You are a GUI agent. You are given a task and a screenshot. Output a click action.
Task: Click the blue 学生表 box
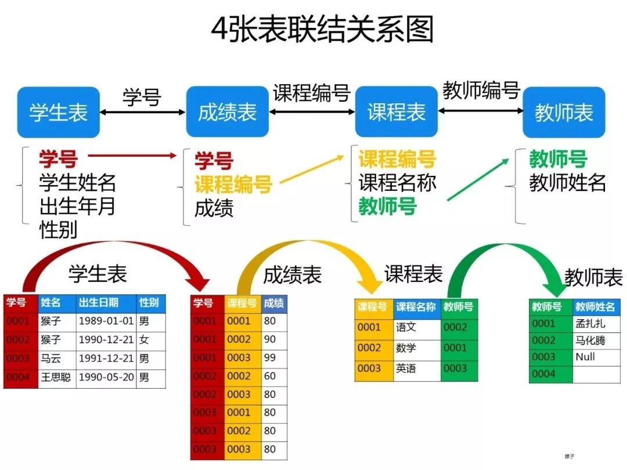tap(59, 112)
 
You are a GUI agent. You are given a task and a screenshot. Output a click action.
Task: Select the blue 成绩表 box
tap(227, 112)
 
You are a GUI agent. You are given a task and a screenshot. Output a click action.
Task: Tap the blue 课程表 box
tap(397, 112)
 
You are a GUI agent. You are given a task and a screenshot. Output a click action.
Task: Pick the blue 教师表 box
tap(564, 112)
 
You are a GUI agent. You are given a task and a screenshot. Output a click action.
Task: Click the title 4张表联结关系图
tap(322, 29)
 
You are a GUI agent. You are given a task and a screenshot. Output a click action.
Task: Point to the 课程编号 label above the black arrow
tap(312, 93)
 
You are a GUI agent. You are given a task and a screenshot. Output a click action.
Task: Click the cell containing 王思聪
tap(56, 378)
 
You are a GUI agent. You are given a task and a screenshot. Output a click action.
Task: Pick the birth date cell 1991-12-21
tap(106, 359)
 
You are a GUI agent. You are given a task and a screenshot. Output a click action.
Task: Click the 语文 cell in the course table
tap(416, 327)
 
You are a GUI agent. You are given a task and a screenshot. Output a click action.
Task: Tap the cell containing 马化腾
tap(596, 341)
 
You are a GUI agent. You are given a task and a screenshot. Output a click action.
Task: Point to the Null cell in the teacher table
tap(596, 357)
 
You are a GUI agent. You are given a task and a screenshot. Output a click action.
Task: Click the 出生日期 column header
tap(106, 303)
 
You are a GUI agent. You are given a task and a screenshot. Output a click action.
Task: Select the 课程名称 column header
tap(416, 307)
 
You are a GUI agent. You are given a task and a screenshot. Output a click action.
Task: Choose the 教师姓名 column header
tap(596, 307)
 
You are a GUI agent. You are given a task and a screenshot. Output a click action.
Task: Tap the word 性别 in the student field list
tap(58, 230)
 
